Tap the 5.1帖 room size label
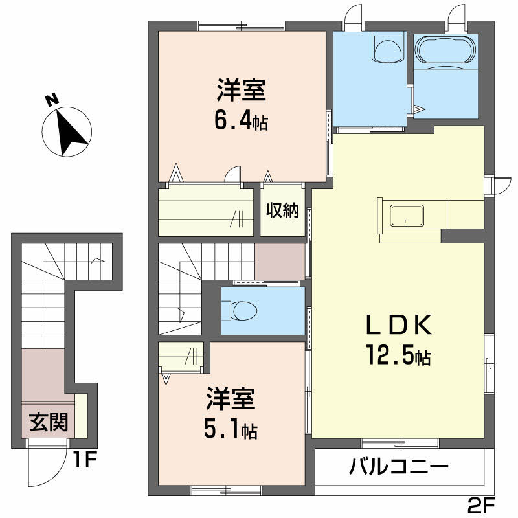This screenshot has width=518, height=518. (231, 428)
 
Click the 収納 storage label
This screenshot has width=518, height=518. (282, 210)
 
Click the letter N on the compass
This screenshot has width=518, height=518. (52, 100)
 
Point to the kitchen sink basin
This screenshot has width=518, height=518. (407, 215)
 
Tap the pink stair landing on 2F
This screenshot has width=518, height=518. (280, 261)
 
